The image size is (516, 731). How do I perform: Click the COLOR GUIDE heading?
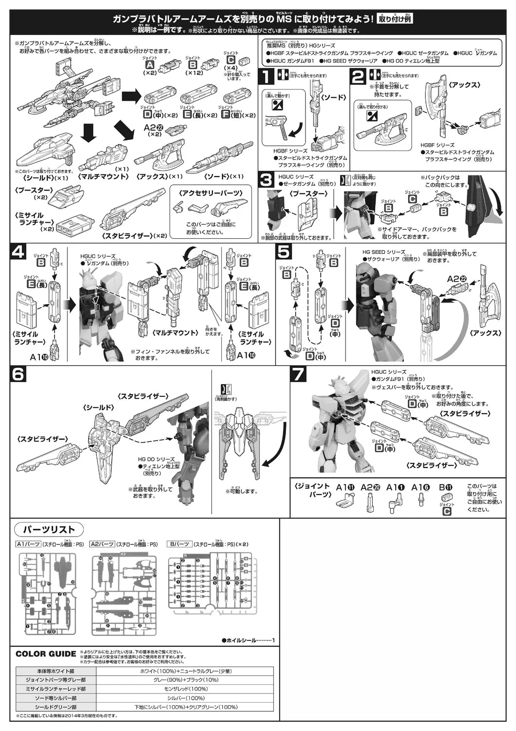46,654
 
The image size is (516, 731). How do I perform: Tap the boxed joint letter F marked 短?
225,115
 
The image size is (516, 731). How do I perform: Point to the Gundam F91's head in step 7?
341,385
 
